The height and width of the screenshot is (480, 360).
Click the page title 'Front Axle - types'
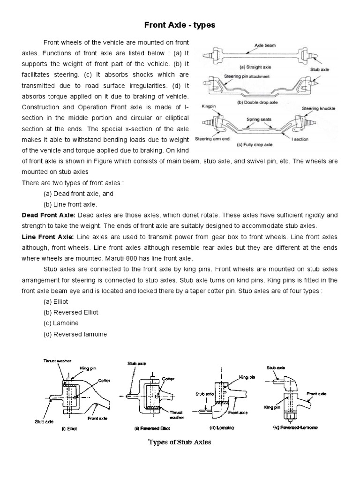pyautogui.click(x=180, y=25)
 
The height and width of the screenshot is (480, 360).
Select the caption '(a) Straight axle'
pyautogui.click(x=257, y=67)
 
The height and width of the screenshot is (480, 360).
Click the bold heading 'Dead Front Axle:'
pyautogui.click(x=48, y=215)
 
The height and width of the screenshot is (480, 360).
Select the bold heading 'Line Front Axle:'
pyautogui.click(x=47, y=236)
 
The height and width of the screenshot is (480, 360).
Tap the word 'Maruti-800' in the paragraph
pyautogui.click(x=119, y=258)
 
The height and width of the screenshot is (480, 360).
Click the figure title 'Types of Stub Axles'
pyautogui.click(x=180, y=442)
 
